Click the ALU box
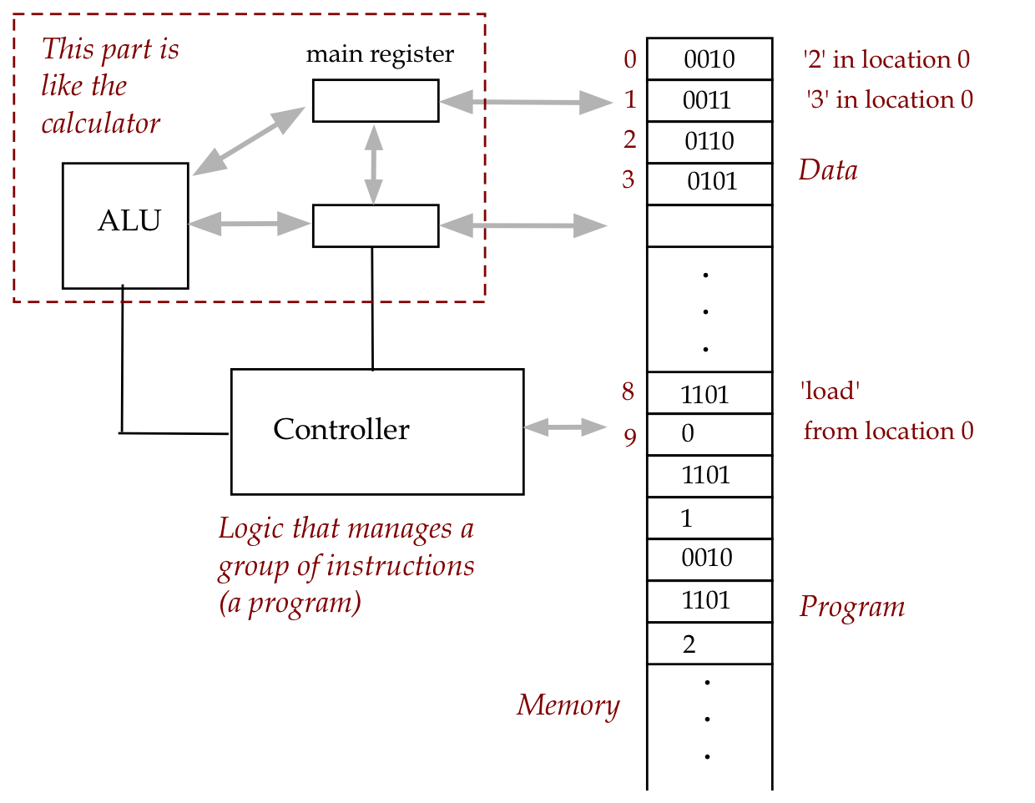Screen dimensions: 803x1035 (x=125, y=225)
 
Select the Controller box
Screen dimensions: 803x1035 (x=376, y=432)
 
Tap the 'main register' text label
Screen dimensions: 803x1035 (x=380, y=54)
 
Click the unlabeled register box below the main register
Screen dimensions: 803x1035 (x=375, y=225)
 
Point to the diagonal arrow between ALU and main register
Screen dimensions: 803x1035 (x=248, y=141)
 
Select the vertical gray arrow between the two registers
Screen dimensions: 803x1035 (x=374, y=164)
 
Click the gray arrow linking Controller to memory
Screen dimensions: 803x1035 (x=564, y=427)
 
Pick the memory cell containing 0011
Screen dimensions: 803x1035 (x=709, y=101)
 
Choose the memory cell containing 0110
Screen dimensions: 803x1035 (x=709, y=142)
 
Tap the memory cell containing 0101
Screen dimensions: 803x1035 (x=709, y=183)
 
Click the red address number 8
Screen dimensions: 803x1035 (x=628, y=391)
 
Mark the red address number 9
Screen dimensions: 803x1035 (x=629, y=437)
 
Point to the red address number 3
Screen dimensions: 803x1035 (x=629, y=179)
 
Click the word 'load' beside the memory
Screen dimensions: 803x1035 (x=830, y=391)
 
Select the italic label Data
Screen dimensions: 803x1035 (x=827, y=170)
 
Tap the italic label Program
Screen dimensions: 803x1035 (x=851, y=607)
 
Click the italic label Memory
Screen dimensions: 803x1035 (x=568, y=705)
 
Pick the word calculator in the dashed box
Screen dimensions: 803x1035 (x=100, y=124)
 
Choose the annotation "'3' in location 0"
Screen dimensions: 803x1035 (x=890, y=100)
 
